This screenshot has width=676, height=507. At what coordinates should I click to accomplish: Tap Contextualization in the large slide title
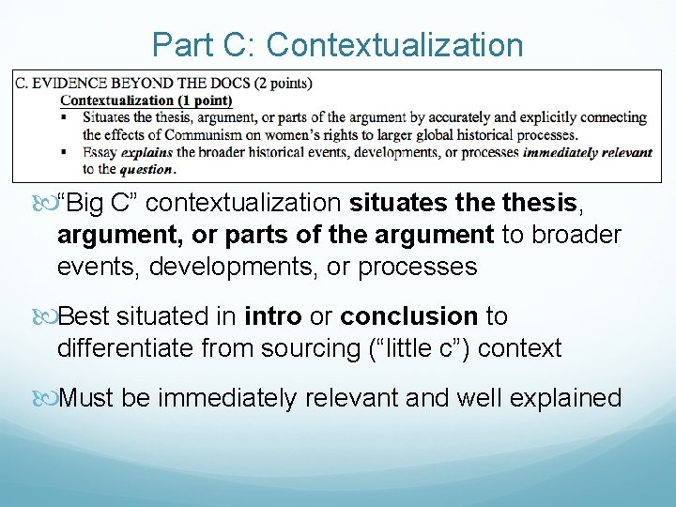(x=395, y=44)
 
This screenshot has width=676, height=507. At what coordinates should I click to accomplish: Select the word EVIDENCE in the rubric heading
(x=69, y=84)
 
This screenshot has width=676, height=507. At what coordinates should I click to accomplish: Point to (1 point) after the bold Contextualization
(x=200, y=100)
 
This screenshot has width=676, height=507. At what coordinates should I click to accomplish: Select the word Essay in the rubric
(x=100, y=152)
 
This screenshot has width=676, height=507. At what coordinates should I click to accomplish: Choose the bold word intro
(x=270, y=315)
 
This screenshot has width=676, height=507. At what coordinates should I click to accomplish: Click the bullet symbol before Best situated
(x=49, y=316)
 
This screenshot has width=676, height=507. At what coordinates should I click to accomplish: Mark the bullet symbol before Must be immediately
(x=49, y=398)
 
